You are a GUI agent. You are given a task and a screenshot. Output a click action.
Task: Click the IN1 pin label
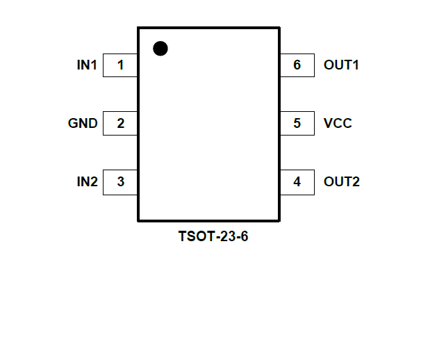(x=87, y=65)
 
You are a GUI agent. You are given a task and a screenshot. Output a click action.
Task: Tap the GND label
(x=83, y=124)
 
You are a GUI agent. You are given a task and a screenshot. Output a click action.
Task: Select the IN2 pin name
(x=87, y=182)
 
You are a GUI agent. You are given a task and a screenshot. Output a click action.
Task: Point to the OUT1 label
(x=341, y=65)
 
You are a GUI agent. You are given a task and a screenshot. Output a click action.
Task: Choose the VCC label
(x=338, y=124)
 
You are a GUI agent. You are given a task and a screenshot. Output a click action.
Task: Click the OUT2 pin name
(x=341, y=182)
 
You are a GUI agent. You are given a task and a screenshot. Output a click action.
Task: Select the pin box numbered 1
(x=120, y=65)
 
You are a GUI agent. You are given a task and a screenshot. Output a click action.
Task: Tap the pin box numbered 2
(x=120, y=124)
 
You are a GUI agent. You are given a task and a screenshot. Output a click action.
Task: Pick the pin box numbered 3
(x=120, y=182)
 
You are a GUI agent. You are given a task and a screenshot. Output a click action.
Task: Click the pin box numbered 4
(x=297, y=182)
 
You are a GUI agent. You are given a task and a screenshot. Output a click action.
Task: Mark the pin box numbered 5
(x=297, y=124)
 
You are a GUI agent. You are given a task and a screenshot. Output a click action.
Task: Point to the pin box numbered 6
(x=297, y=65)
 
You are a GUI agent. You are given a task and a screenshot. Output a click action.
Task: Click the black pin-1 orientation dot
(x=160, y=48)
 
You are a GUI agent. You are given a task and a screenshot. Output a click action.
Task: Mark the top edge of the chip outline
(x=208, y=28)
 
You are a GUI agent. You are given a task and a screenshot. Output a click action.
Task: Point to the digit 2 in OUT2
(x=356, y=182)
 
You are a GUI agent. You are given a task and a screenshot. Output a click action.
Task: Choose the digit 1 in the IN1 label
(x=94, y=65)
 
